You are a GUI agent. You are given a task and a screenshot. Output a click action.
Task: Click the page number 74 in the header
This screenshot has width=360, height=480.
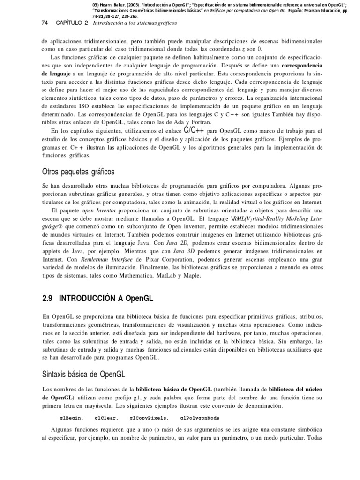coord(45,23)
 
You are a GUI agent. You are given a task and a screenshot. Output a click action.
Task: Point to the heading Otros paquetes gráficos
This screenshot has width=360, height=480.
coord(78,172)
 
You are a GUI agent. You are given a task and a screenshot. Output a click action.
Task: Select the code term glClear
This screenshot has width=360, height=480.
coord(106,418)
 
